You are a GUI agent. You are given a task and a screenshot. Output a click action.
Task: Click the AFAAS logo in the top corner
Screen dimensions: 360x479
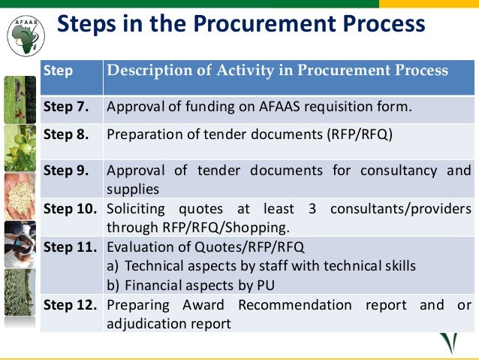[x=25, y=33]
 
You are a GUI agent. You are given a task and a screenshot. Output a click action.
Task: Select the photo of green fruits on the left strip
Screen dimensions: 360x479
[x=20, y=148]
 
